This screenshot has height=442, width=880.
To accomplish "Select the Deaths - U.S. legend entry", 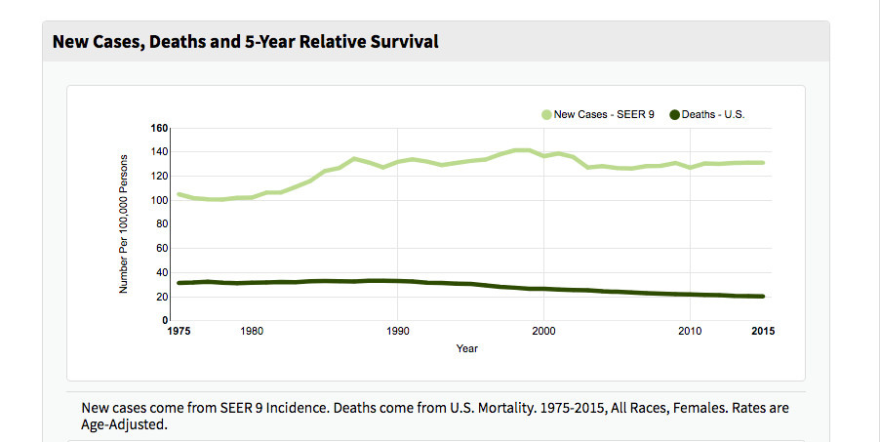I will pos(713,114).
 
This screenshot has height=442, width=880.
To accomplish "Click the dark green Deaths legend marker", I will pos(674,114).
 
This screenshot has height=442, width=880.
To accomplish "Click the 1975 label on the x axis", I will pos(179,332).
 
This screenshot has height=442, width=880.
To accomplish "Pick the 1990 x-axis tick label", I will pos(397,332).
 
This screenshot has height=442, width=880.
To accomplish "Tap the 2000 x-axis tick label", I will pos(543,332).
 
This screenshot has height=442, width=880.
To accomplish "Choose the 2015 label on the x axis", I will pos(763,332).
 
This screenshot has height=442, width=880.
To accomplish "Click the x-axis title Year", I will pos(466,348).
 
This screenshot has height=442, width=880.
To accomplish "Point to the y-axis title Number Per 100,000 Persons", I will pos(124,224).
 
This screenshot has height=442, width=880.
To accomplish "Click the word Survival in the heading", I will pos(402,41).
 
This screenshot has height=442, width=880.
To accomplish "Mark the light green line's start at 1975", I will pos(179,194).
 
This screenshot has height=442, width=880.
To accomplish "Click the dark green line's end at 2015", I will pos(763,297).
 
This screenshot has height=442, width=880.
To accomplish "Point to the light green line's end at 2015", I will pos(763,163).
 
